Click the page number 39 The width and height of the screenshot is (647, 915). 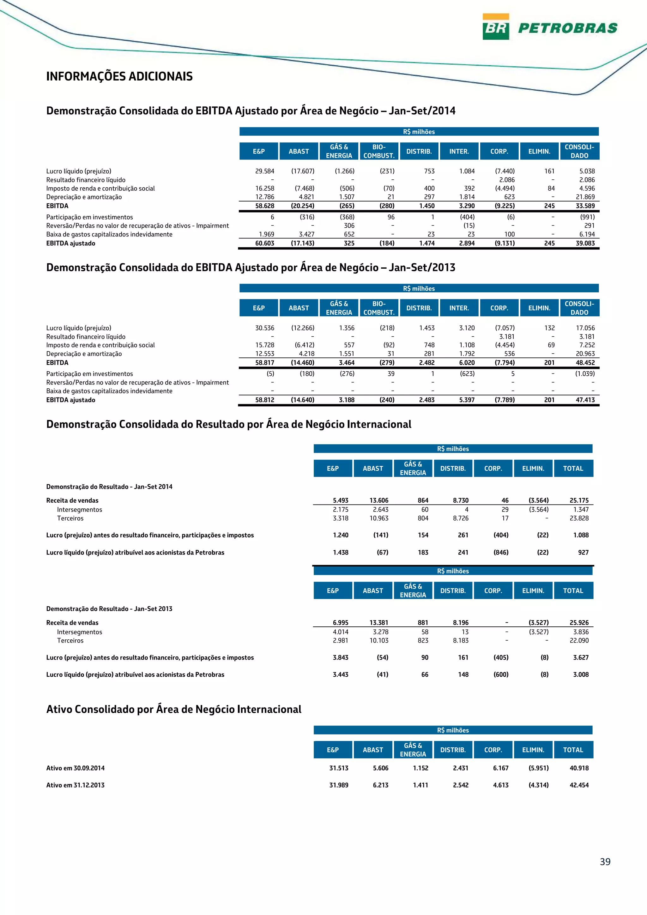(x=605, y=862)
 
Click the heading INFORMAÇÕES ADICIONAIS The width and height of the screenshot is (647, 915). (x=119, y=76)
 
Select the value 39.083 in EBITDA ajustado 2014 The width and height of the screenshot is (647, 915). (x=585, y=243)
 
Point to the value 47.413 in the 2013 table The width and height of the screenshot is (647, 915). (x=585, y=400)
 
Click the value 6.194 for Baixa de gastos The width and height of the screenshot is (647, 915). (x=587, y=234)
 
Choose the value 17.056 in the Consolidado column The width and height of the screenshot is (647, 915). (x=585, y=328)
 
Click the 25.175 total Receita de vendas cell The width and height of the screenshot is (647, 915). (x=579, y=500)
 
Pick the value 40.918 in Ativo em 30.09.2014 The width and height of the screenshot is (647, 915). (x=579, y=768)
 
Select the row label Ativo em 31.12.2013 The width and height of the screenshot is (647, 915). (x=75, y=785)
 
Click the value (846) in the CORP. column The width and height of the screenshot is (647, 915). (x=501, y=552)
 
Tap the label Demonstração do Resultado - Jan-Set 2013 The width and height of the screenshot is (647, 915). (x=109, y=608)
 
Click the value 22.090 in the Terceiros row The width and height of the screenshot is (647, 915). (x=579, y=640)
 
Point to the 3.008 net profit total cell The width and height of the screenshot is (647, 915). (x=580, y=674)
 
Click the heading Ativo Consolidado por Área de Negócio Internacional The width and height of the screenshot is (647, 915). (x=174, y=709)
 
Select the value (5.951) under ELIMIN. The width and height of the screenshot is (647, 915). (x=538, y=768)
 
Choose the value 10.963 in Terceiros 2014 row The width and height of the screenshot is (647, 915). (x=379, y=518)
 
